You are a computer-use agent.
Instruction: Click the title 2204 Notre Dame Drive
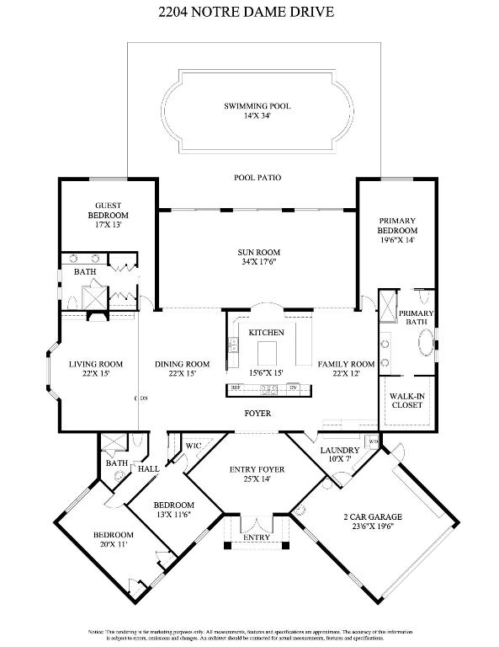tap(250, 12)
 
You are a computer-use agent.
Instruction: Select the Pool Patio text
tap(257, 178)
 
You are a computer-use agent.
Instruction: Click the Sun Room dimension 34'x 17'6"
tap(259, 262)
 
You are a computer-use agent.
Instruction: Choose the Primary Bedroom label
tap(397, 225)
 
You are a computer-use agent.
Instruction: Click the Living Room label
tap(96, 364)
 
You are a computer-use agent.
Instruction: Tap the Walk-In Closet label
tap(407, 399)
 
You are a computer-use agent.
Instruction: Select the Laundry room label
tap(340, 450)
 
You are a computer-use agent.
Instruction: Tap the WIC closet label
tap(192, 444)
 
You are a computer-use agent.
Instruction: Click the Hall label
tap(148, 469)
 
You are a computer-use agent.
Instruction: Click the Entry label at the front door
tap(257, 537)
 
